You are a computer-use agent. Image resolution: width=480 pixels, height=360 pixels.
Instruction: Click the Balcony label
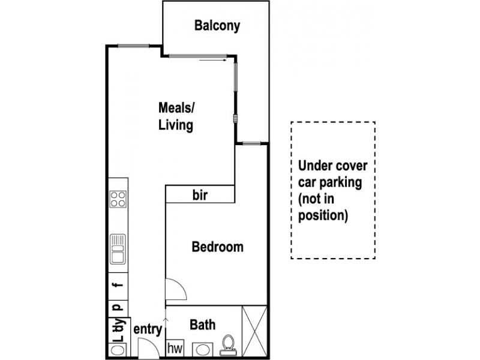click(x=217, y=26)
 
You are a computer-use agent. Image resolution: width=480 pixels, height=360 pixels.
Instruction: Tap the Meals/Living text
click(x=176, y=116)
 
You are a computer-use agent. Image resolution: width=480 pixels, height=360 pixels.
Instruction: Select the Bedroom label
click(x=217, y=247)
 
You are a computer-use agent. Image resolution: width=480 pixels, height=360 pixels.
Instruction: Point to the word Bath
click(x=202, y=325)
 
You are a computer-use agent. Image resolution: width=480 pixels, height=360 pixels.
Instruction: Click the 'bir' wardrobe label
click(x=200, y=195)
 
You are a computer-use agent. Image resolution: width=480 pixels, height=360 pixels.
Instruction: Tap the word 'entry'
click(x=148, y=329)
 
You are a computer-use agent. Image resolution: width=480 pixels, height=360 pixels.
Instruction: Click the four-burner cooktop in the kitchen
click(x=118, y=199)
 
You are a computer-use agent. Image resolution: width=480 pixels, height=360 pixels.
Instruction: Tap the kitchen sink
click(x=118, y=249)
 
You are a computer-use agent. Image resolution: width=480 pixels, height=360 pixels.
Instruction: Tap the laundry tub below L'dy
click(x=118, y=347)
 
